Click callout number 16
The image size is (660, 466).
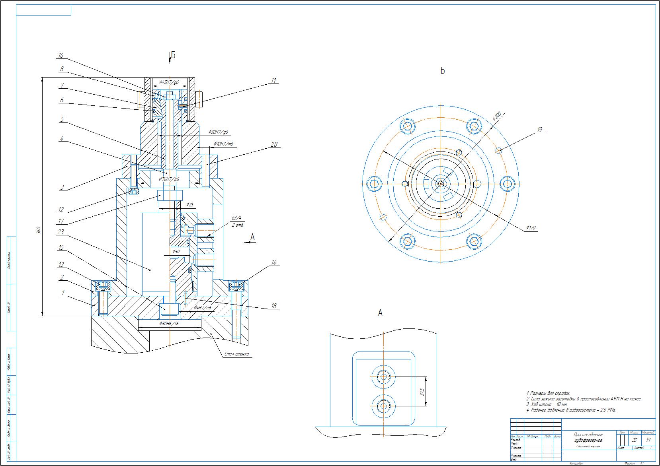point(61,56)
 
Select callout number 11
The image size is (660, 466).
point(273,80)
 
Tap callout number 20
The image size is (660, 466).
point(274,145)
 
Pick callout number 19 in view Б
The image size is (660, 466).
point(540,130)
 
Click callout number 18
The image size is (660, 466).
point(273,306)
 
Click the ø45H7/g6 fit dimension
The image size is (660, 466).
point(169,83)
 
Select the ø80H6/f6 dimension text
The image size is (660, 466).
point(169,324)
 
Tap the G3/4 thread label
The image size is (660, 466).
point(237,218)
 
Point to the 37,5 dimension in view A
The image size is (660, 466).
point(422,392)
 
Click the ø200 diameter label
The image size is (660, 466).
point(496,116)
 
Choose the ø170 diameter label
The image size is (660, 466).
point(531,228)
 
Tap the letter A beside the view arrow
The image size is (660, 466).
point(252,237)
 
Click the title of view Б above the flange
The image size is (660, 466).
point(442,71)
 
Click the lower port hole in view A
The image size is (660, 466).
point(384,406)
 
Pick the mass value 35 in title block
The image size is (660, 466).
point(634,440)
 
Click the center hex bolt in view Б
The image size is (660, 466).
point(441,183)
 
